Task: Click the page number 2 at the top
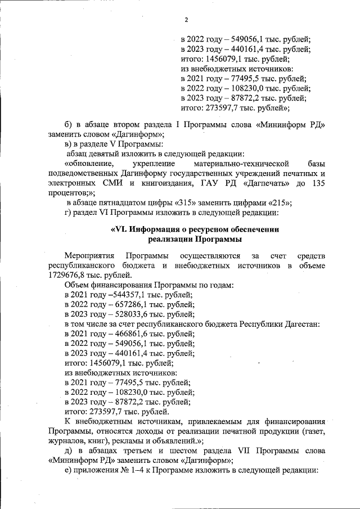click(186, 21)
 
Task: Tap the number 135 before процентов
click(318, 183)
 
